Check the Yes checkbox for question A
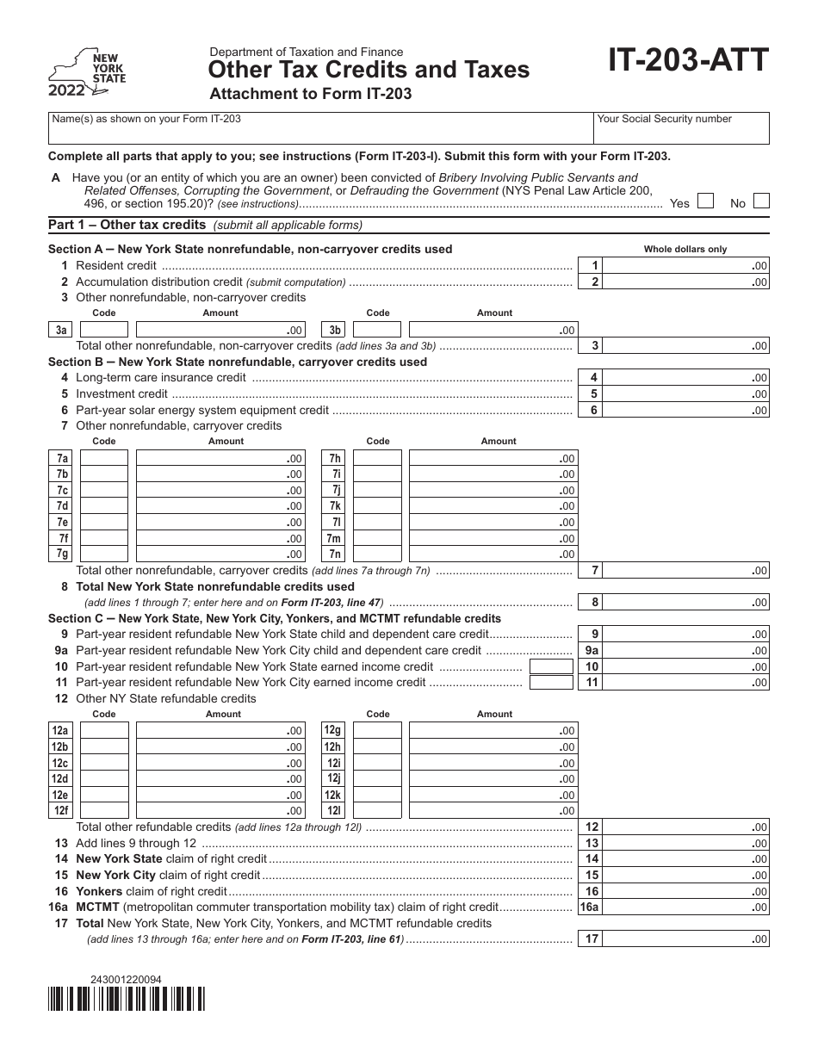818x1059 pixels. [705, 201]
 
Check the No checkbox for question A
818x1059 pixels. [760, 201]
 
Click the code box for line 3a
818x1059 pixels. [104, 330]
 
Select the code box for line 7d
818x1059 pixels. [104, 506]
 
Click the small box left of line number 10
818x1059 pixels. [551, 666]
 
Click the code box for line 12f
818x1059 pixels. [104, 810]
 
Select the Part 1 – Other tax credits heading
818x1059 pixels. [127, 226]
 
